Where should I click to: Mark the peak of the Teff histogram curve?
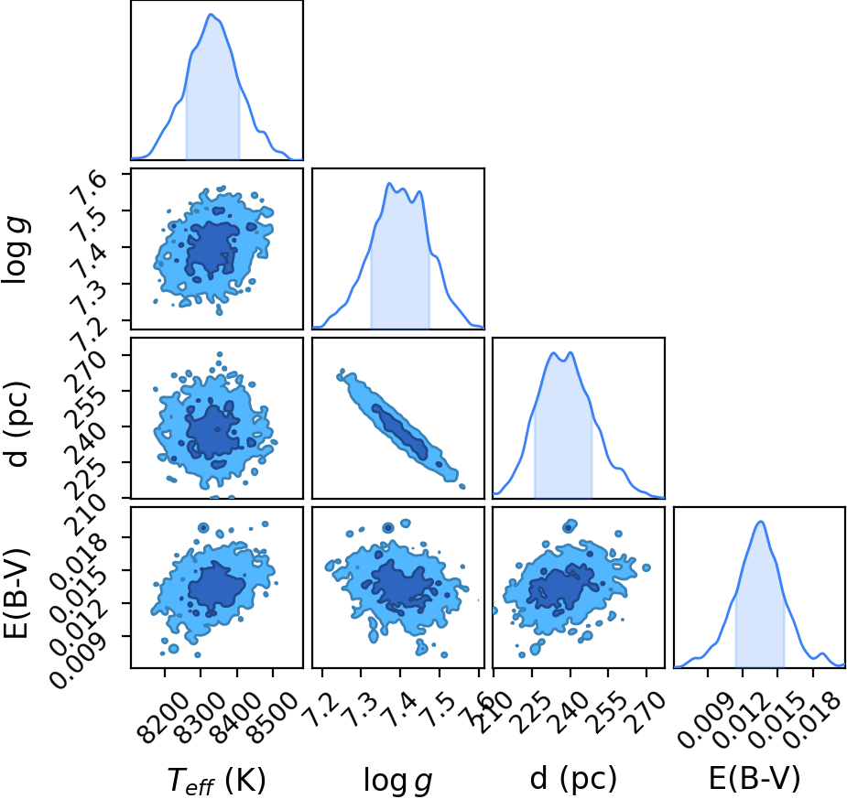(x=211, y=14)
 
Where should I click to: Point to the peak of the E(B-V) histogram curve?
(x=761, y=522)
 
